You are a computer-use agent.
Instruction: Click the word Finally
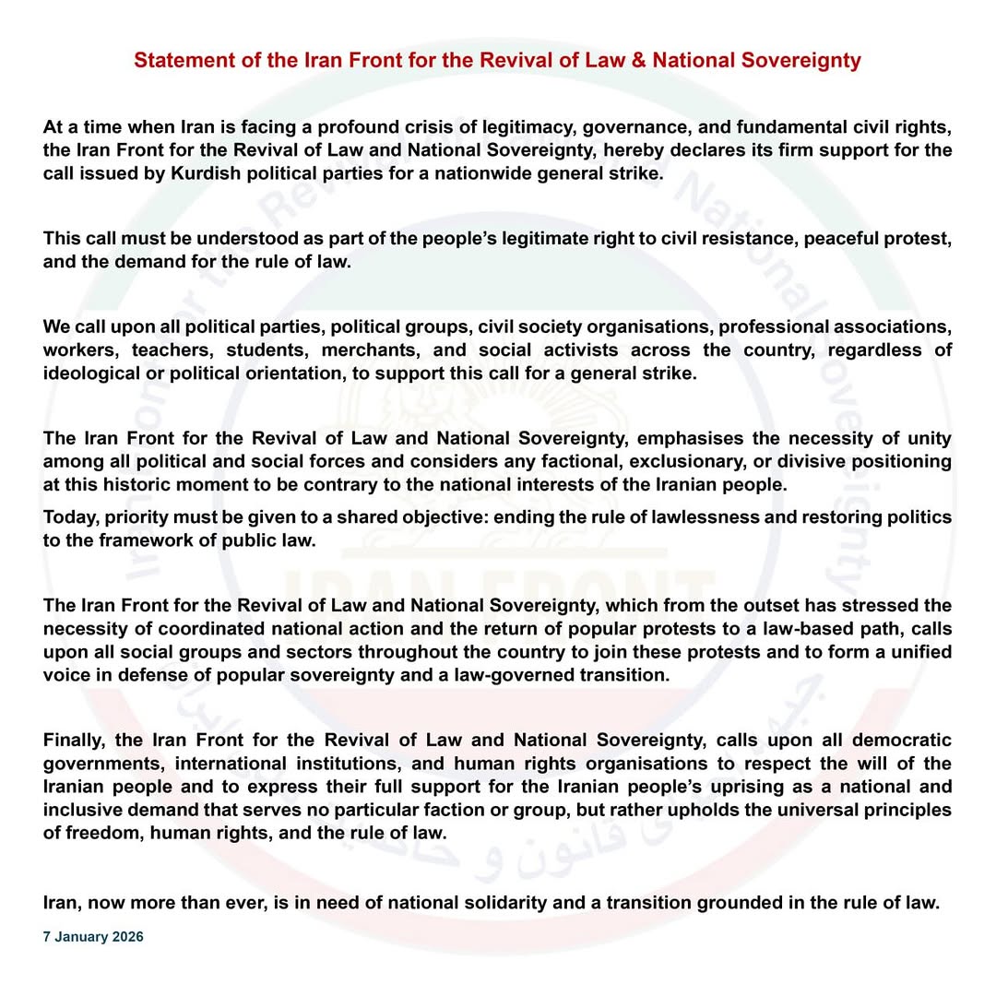(x=77, y=741)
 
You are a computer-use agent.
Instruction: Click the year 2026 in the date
(x=127, y=937)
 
